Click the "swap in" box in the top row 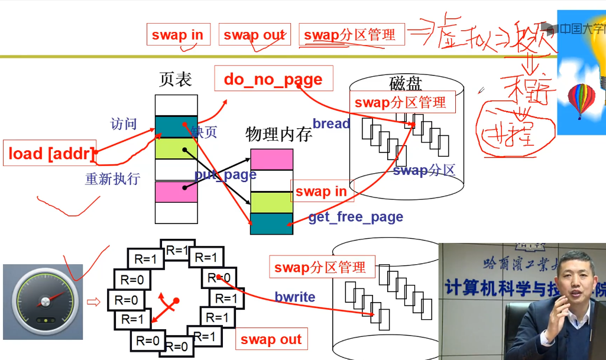tap(177, 34)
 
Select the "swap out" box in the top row tap(254, 35)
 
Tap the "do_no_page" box tap(273, 79)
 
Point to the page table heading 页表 tap(176, 79)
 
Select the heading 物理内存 tap(278, 134)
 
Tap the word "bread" tap(331, 124)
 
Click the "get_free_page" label tap(355, 217)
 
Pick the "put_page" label tap(225, 174)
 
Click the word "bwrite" tap(295, 297)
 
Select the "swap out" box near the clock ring tap(271, 339)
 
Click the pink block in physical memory tap(271, 159)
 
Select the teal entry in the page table tap(176, 127)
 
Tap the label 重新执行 tap(112, 179)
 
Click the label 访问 tap(124, 124)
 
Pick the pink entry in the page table tap(176, 192)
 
